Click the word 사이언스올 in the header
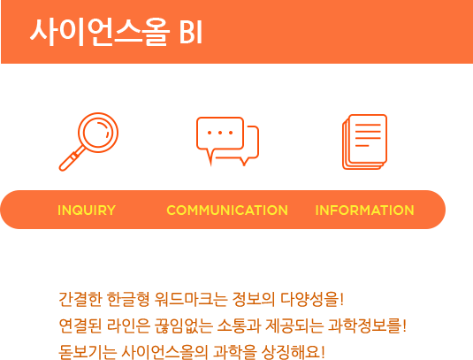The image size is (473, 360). point(100,32)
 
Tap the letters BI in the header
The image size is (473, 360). point(191,33)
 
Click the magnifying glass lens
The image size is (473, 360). point(98,133)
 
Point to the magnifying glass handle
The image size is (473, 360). point(71,159)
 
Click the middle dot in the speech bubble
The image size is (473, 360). point(220,133)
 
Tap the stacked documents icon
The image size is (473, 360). point(365,142)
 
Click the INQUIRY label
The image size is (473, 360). point(87,210)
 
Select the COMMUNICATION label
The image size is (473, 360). point(227,210)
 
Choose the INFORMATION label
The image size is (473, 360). point(365,210)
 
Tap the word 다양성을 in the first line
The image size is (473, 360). point(310,299)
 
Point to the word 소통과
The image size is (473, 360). point(239,326)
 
